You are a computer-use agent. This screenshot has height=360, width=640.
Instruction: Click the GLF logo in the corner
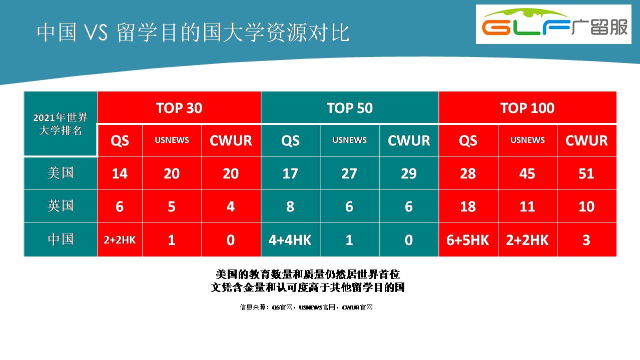(x=553, y=24)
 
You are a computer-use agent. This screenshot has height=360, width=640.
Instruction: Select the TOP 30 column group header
(x=179, y=107)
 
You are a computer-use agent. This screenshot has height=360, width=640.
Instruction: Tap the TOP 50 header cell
(x=350, y=107)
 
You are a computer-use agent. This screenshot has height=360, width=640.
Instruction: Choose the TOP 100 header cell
(x=527, y=107)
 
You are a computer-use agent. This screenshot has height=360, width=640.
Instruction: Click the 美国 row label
(x=61, y=173)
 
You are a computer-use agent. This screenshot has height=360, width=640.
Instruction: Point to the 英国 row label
(x=61, y=206)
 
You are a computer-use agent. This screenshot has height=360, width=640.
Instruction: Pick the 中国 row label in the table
(x=61, y=239)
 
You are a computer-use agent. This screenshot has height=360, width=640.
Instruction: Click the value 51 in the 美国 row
(x=586, y=173)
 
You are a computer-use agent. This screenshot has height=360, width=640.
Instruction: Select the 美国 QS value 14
(x=120, y=173)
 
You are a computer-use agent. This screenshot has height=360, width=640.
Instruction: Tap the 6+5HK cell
(x=468, y=240)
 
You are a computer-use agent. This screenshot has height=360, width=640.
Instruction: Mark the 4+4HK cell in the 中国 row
(x=290, y=240)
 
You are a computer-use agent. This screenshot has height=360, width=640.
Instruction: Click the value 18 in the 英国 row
(x=468, y=206)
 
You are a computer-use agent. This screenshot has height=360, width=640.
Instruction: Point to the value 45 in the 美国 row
(x=527, y=173)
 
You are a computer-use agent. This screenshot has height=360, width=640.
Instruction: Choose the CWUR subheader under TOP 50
(x=409, y=140)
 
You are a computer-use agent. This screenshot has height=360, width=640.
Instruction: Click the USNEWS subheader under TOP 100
(x=527, y=140)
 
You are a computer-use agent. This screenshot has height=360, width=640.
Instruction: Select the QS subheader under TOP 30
(x=120, y=140)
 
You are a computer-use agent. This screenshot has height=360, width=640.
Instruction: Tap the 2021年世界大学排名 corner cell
(x=61, y=124)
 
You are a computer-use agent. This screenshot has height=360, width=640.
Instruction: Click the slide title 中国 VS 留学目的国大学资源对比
(x=193, y=32)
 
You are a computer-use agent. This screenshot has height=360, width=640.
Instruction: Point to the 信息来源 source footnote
(x=306, y=307)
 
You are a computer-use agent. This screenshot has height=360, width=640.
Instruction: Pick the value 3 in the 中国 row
(x=586, y=240)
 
